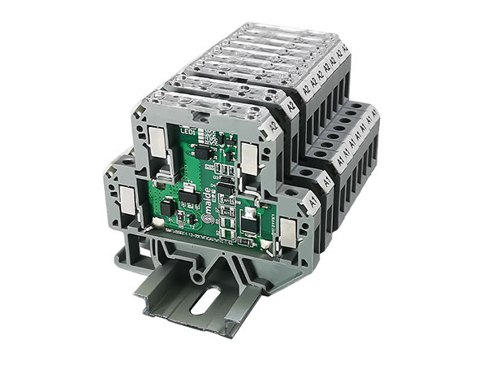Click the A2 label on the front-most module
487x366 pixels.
pos(274,126)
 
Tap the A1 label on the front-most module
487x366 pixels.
pos(312,198)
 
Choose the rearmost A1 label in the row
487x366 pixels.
pos(374,114)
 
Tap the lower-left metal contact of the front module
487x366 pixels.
pos(127,195)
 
